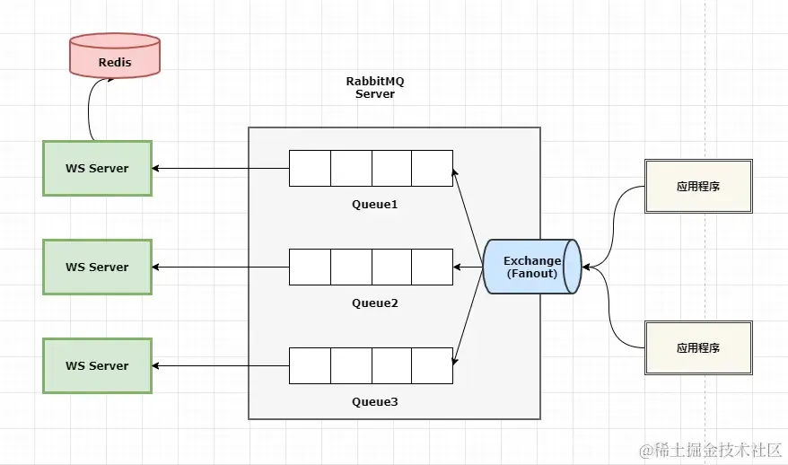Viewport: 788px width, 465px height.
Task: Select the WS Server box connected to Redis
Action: (97, 168)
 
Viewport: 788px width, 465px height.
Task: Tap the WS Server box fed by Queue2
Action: (97, 267)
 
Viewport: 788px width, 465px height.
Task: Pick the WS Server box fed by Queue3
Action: (97, 365)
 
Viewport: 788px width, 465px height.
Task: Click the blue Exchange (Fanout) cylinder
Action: (532, 267)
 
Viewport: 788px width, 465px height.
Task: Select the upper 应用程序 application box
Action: (698, 186)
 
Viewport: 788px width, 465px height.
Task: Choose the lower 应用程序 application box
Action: (698, 347)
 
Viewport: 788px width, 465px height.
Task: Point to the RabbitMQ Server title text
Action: (375, 87)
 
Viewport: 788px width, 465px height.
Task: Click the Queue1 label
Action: (374, 205)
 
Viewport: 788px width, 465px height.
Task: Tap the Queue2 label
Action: (374, 303)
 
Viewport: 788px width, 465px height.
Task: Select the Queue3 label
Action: (374, 402)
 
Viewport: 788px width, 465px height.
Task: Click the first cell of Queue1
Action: (310, 168)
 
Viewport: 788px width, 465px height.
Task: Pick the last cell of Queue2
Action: (432, 267)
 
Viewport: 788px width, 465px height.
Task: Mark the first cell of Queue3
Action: (310, 365)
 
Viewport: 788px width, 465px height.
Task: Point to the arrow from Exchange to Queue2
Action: (468, 267)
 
